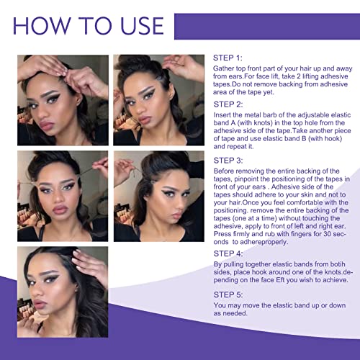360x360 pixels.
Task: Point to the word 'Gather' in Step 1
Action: coord(226,68)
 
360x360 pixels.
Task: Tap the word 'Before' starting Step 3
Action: coord(227,173)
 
